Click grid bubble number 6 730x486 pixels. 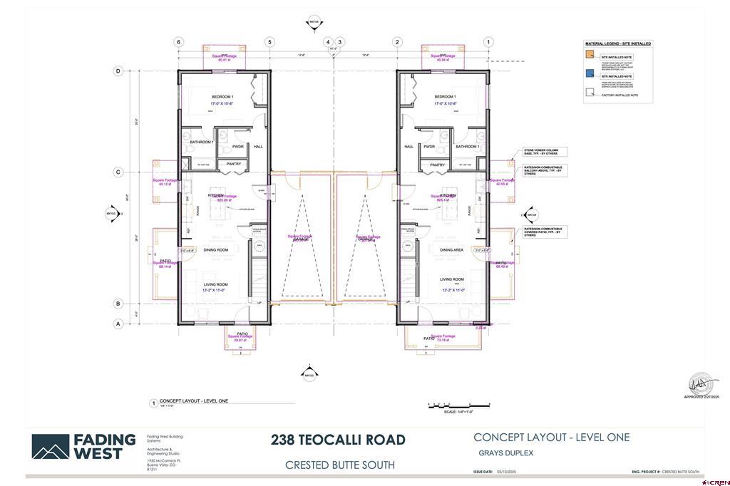(178, 42)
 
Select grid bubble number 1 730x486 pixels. (488, 42)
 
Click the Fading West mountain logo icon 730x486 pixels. (50, 447)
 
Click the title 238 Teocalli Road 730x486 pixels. (338, 440)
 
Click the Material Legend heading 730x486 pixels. (617, 43)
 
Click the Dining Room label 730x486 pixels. (215, 250)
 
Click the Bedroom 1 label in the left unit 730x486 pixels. (222, 97)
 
